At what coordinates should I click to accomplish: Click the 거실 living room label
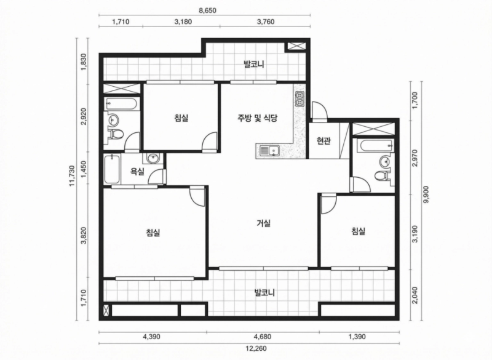click(x=264, y=223)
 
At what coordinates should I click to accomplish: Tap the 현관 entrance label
click(x=323, y=141)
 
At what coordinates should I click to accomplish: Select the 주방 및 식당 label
click(x=257, y=118)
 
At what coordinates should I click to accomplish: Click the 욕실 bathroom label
click(x=137, y=172)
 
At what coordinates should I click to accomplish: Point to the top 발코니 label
click(x=253, y=63)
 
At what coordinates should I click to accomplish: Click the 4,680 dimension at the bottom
click(x=263, y=337)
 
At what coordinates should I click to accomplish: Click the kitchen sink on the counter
click(x=268, y=150)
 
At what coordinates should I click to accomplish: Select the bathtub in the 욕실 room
click(x=111, y=169)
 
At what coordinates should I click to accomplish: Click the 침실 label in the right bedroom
click(x=358, y=231)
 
